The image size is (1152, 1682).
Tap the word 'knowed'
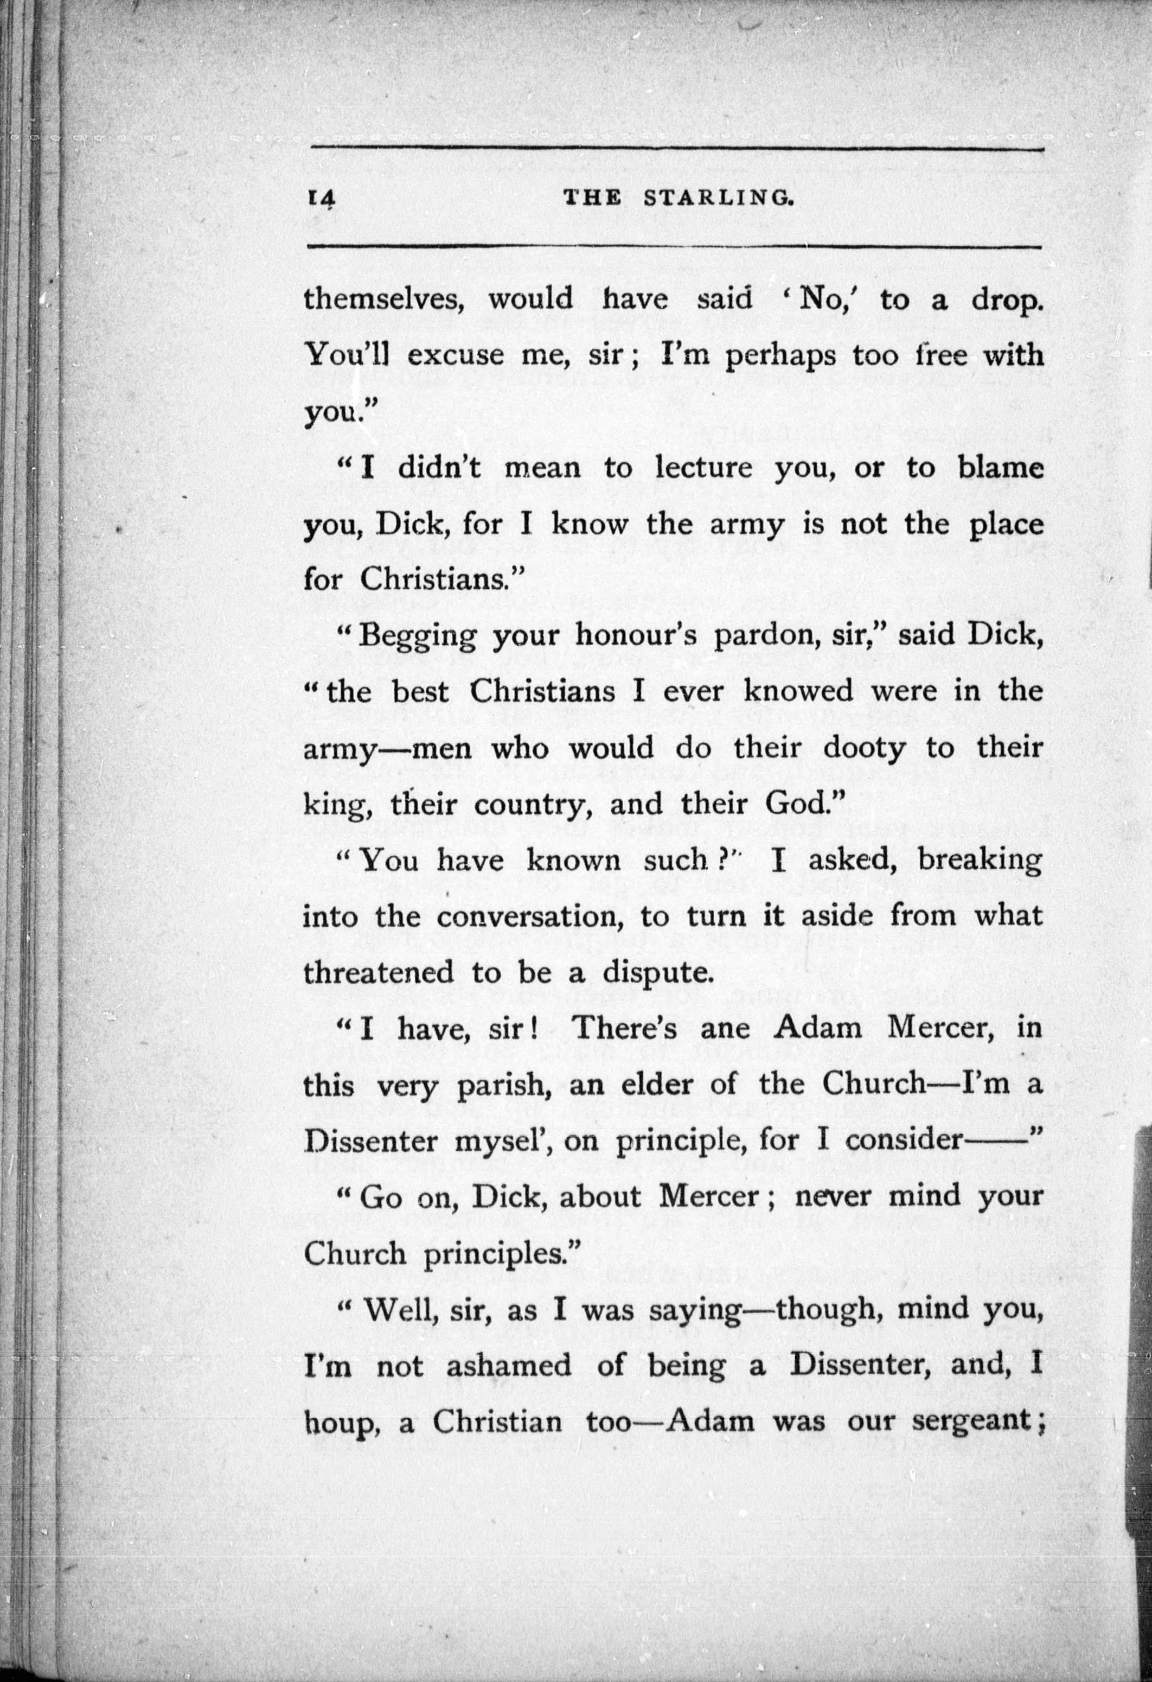(x=799, y=691)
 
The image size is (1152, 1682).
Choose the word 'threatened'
(x=377, y=973)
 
